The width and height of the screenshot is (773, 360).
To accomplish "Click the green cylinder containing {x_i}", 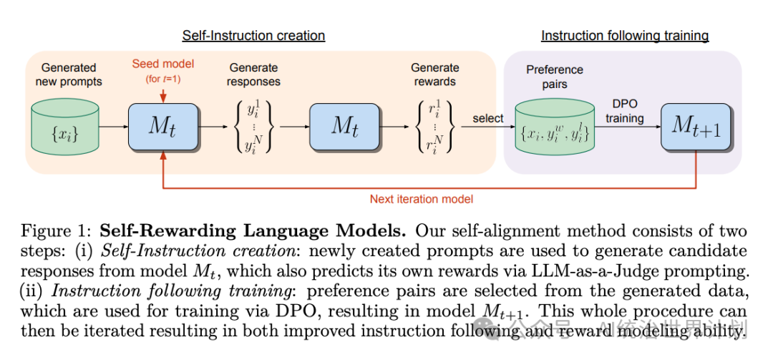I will click(65, 126).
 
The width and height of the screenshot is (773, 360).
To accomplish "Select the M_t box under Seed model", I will click(163, 127).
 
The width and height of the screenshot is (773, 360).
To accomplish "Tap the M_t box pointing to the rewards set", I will click(344, 127).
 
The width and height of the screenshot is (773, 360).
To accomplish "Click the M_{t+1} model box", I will click(696, 127).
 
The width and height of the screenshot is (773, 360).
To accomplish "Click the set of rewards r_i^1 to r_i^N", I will click(433, 127).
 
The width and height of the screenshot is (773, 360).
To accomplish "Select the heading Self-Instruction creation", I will click(253, 36).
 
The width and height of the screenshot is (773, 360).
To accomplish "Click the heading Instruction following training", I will click(624, 36).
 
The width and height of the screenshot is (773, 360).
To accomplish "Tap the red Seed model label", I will click(163, 64).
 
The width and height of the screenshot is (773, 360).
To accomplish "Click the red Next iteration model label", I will click(421, 199).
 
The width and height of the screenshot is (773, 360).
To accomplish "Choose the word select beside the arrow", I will click(488, 118).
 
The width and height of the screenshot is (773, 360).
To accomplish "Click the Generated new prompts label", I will click(69, 74).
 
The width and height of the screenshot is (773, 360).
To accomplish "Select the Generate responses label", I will click(254, 74).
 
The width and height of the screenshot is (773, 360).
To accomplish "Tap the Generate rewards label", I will click(434, 74).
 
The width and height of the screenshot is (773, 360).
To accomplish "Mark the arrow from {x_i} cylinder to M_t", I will click(113, 127).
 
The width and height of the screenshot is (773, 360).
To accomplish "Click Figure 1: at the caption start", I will click(57, 231).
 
